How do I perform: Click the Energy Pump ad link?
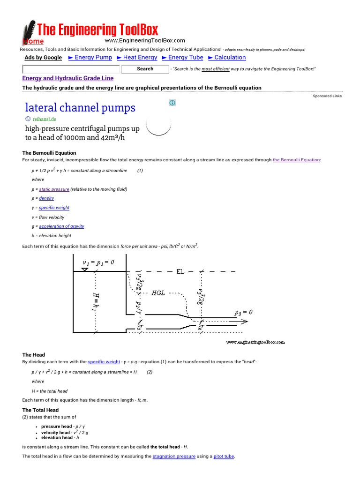tap(93, 58)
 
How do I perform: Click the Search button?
tap(145, 69)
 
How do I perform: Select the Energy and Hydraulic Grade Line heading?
tap(68, 78)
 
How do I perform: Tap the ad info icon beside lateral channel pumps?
tap(172, 103)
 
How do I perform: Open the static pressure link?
tap(54, 189)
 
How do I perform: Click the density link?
tap(46, 198)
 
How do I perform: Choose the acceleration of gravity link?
tap(61, 226)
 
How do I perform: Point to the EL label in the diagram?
tap(180, 271)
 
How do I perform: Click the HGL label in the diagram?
tap(158, 293)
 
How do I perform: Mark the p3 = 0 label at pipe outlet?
tap(243, 312)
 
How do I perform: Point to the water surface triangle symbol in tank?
tap(85, 269)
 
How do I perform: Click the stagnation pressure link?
tap(174, 456)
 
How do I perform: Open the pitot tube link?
tap(224, 456)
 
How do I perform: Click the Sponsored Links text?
tap(327, 96)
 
